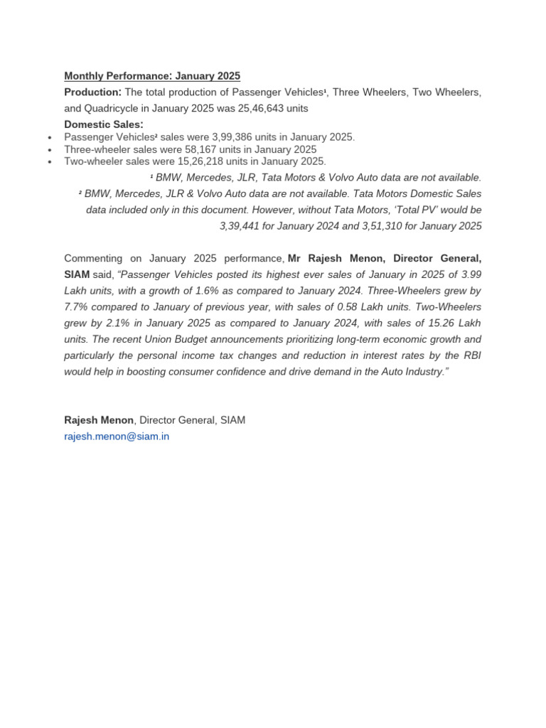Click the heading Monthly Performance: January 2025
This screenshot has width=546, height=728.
pos(152,76)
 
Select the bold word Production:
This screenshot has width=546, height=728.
pos(92,92)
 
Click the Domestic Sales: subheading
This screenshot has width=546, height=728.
pos(103,124)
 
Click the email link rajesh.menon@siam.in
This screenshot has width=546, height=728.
pos(117,437)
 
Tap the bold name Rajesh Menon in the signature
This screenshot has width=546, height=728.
pos(99,420)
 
